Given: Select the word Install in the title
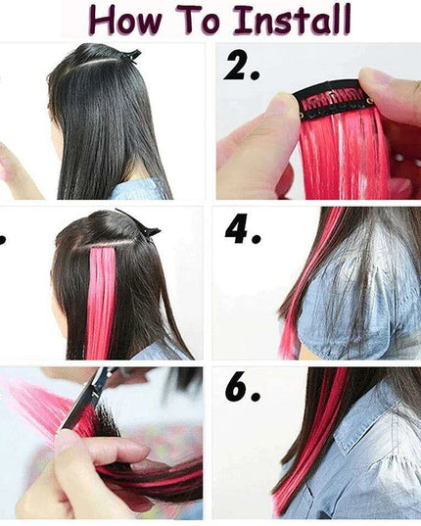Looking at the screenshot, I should pyautogui.click(x=288, y=20).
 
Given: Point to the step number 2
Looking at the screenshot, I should pyautogui.click(x=240, y=68).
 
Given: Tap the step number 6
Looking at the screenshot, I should pyautogui.click(x=242, y=389).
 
